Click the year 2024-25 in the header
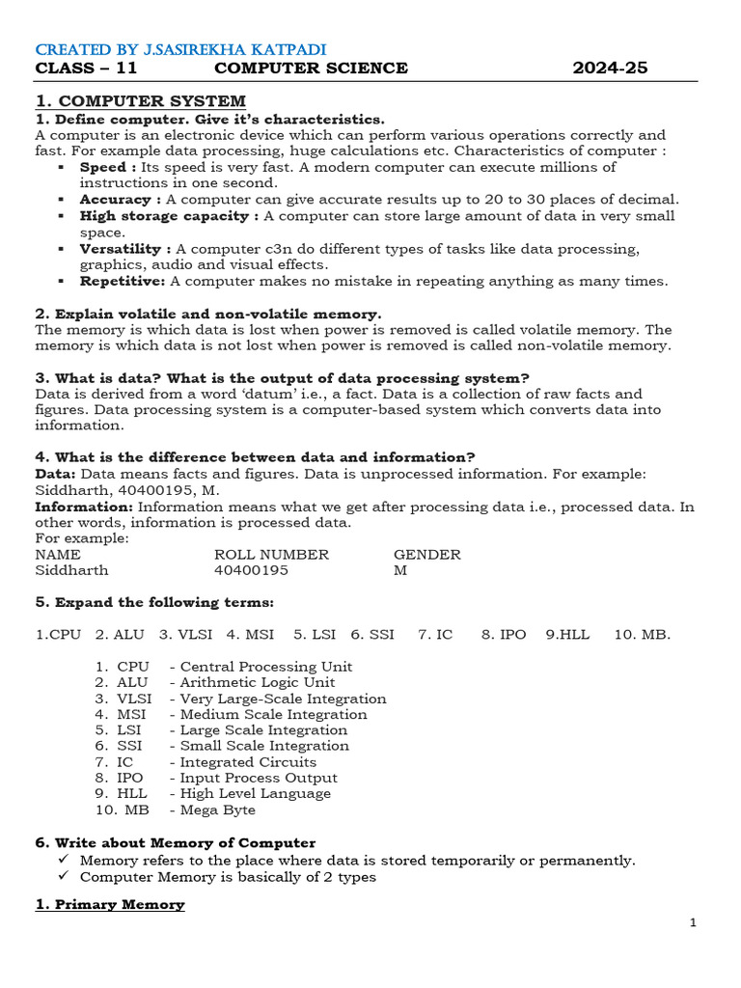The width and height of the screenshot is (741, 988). [610, 68]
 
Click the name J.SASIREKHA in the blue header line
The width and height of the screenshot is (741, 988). [171, 49]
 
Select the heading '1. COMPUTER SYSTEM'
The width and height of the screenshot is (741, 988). [140, 101]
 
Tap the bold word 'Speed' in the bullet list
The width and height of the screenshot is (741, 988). [103, 167]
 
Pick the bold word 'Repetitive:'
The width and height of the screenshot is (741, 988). [123, 281]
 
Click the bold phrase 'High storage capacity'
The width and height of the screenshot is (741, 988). [169, 216]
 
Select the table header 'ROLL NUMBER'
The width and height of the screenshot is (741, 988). [271, 555]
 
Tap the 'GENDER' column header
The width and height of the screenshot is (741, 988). [426, 555]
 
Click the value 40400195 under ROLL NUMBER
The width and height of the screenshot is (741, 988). [251, 570]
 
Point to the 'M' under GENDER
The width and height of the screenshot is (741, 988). [400, 570]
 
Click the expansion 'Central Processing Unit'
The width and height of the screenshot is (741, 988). [266, 667]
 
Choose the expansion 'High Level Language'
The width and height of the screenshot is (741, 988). [256, 793]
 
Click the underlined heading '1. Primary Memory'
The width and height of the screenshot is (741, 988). [110, 904]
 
